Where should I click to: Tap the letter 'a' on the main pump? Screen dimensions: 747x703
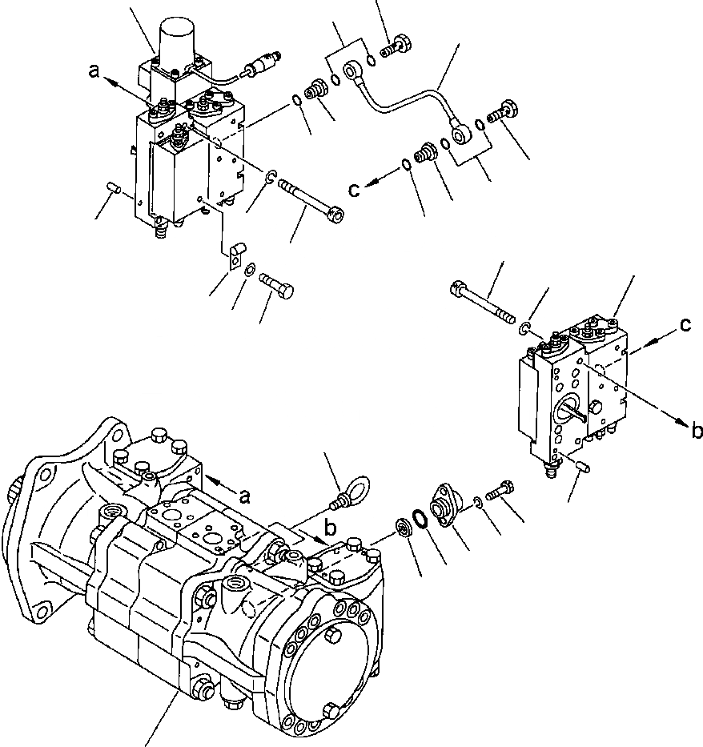[245, 496]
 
